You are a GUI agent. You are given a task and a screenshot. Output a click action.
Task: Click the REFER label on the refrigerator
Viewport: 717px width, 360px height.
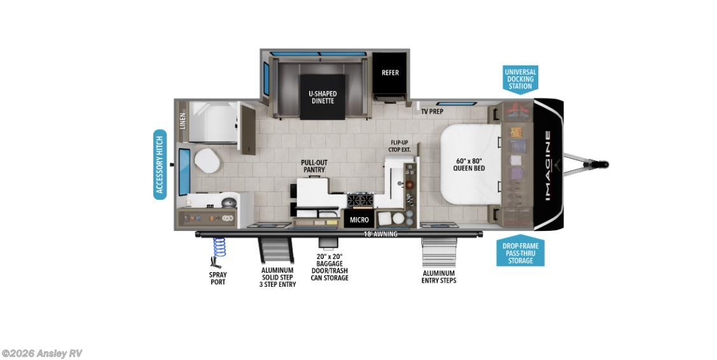[x=390, y=73]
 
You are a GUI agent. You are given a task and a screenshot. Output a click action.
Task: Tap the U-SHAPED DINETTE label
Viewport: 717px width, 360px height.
[x=323, y=97]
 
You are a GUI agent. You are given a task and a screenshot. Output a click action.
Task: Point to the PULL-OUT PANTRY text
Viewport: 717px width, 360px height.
[x=314, y=166]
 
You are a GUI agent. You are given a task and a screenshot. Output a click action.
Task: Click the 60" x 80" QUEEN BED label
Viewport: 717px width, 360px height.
[x=470, y=163]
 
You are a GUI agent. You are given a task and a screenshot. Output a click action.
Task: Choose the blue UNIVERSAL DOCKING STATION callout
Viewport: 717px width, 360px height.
[x=520, y=80]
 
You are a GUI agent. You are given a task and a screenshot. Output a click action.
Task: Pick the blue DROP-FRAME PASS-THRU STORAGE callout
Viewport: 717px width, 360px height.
[x=520, y=253]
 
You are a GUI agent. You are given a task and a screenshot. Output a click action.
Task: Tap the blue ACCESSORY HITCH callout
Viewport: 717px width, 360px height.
[x=160, y=164]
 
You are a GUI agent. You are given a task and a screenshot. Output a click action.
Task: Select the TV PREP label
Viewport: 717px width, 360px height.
[x=432, y=111]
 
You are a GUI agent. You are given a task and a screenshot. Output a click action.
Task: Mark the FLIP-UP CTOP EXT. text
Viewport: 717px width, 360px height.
[x=400, y=146]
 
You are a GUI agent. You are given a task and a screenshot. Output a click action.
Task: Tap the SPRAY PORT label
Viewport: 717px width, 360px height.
[x=218, y=279]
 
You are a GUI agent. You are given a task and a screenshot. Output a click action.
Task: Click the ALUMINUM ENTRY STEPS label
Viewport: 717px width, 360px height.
[x=440, y=276]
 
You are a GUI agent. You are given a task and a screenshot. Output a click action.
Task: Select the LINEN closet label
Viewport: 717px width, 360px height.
[x=183, y=121]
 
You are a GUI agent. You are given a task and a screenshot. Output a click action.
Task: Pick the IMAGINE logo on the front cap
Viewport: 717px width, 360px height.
[x=547, y=165]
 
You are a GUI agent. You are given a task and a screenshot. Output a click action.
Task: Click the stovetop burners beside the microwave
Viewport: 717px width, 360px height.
[x=359, y=200]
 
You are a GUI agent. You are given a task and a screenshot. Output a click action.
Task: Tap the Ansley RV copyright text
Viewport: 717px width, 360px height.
[x=42, y=354]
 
